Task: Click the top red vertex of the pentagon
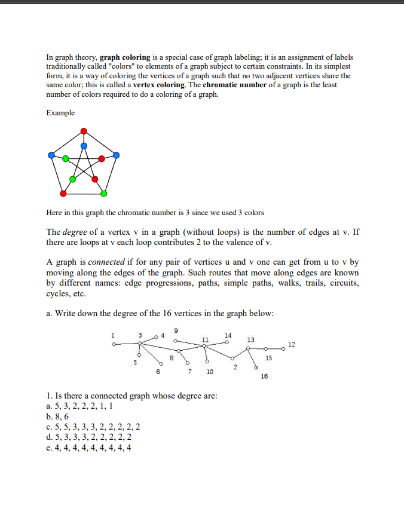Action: tap(84, 131)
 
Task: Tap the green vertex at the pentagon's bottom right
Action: tap(104, 194)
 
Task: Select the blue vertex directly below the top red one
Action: tap(84, 145)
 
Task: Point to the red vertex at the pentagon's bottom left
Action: tap(63, 194)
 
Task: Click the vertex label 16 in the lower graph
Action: tap(264, 376)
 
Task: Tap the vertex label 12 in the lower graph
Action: tap(291, 345)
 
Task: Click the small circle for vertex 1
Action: tap(113, 345)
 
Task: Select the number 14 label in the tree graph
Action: tap(228, 335)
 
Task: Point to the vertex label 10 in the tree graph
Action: tap(210, 372)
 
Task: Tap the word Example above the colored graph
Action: tap(60, 113)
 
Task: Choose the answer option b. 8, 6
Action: tap(57, 416)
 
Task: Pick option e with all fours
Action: tap(89, 447)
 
